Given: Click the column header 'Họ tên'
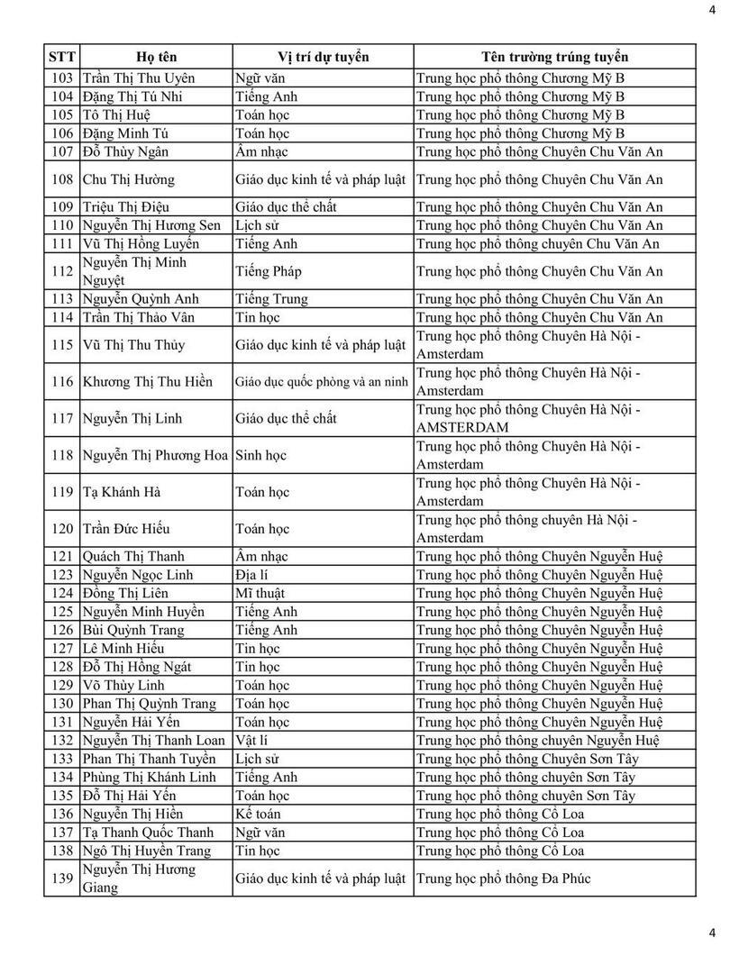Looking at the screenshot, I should tap(155, 57).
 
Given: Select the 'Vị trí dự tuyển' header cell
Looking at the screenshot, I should tap(323, 57).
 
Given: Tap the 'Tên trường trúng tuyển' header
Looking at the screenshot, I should tap(554, 57).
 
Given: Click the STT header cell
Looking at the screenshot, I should tap(61, 57).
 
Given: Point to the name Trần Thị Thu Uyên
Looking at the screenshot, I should tap(138, 78).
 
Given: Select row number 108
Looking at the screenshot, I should tap(62, 179).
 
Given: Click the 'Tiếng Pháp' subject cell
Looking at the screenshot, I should tap(269, 271).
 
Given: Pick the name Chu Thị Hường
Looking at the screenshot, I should tap(128, 179).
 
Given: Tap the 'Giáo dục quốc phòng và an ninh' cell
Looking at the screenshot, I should tap(323, 382).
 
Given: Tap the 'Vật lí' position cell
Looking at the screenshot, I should tap(252, 741).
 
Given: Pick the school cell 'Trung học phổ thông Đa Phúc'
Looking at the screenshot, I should tap(504, 879).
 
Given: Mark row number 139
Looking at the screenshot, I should tap(62, 879).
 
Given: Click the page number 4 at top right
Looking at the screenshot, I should tap(713, 11).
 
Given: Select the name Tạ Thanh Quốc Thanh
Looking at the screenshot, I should tap(148, 833).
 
